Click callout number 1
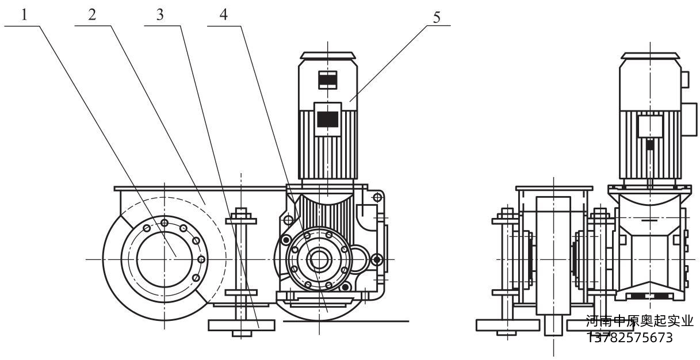25,15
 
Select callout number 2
92,15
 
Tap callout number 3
160,15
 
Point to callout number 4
224,15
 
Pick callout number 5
437,17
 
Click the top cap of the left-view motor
327,55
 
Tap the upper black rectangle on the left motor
327,81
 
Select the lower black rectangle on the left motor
327,119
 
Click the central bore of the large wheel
165,259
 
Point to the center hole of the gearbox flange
319,259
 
